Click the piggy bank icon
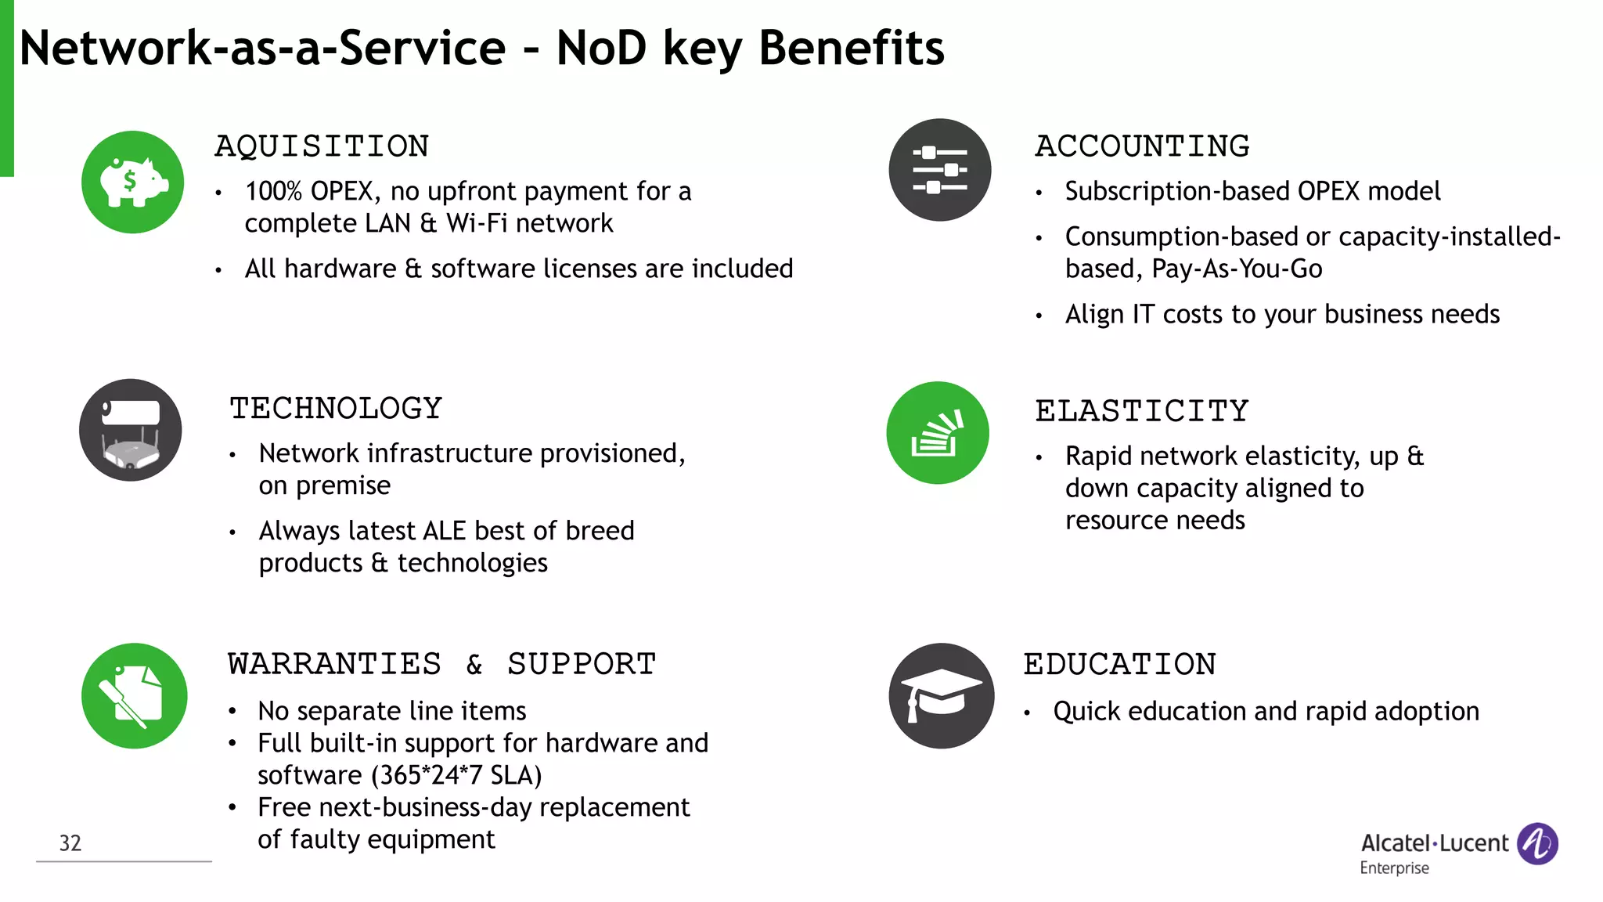(133, 182)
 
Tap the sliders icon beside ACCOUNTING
(939, 170)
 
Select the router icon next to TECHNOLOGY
(131, 430)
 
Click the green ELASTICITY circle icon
(937, 433)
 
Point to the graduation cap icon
(942, 695)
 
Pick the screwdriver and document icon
(134, 695)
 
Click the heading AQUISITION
(322, 146)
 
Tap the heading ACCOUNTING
(1142, 146)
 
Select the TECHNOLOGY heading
(336, 408)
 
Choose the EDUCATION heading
(1119, 665)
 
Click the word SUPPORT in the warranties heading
(581, 664)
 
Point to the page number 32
(70, 842)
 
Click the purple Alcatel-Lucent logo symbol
(1537, 843)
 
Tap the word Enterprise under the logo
(1394, 868)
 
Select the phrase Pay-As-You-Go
(1237, 269)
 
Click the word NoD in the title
(601, 49)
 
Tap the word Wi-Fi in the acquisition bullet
(476, 223)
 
